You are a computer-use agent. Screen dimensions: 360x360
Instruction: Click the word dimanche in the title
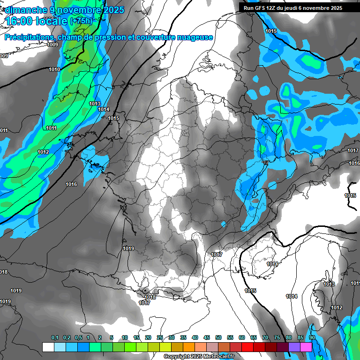click(x=24, y=10)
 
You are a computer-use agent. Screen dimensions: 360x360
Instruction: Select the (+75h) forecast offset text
click(x=81, y=21)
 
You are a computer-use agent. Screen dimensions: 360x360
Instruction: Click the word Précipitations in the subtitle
click(x=29, y=37)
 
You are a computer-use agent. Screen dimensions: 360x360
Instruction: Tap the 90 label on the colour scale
click(x=312, y=337)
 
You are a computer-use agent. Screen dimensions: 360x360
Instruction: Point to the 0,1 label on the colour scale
click(x=55, y=337)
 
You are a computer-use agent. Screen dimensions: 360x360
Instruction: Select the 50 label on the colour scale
click(x=218, y=337)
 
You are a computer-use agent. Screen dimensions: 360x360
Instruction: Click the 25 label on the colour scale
click(x=160, y=337)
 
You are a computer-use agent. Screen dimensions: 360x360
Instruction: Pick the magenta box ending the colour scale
click(x=306, y=347)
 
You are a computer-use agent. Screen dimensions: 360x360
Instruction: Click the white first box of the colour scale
click(x=48, y=347)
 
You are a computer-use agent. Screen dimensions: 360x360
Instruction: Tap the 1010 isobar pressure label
click(x=54, y=69)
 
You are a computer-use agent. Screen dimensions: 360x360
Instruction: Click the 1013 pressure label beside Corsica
click(x=329, y=285)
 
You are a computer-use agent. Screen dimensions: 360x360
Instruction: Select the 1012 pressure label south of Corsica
click(x=337, y=307)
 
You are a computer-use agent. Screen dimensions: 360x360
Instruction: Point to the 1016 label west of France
click(x=71, y=184)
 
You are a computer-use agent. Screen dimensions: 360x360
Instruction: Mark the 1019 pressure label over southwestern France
click(x=128, y=248)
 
